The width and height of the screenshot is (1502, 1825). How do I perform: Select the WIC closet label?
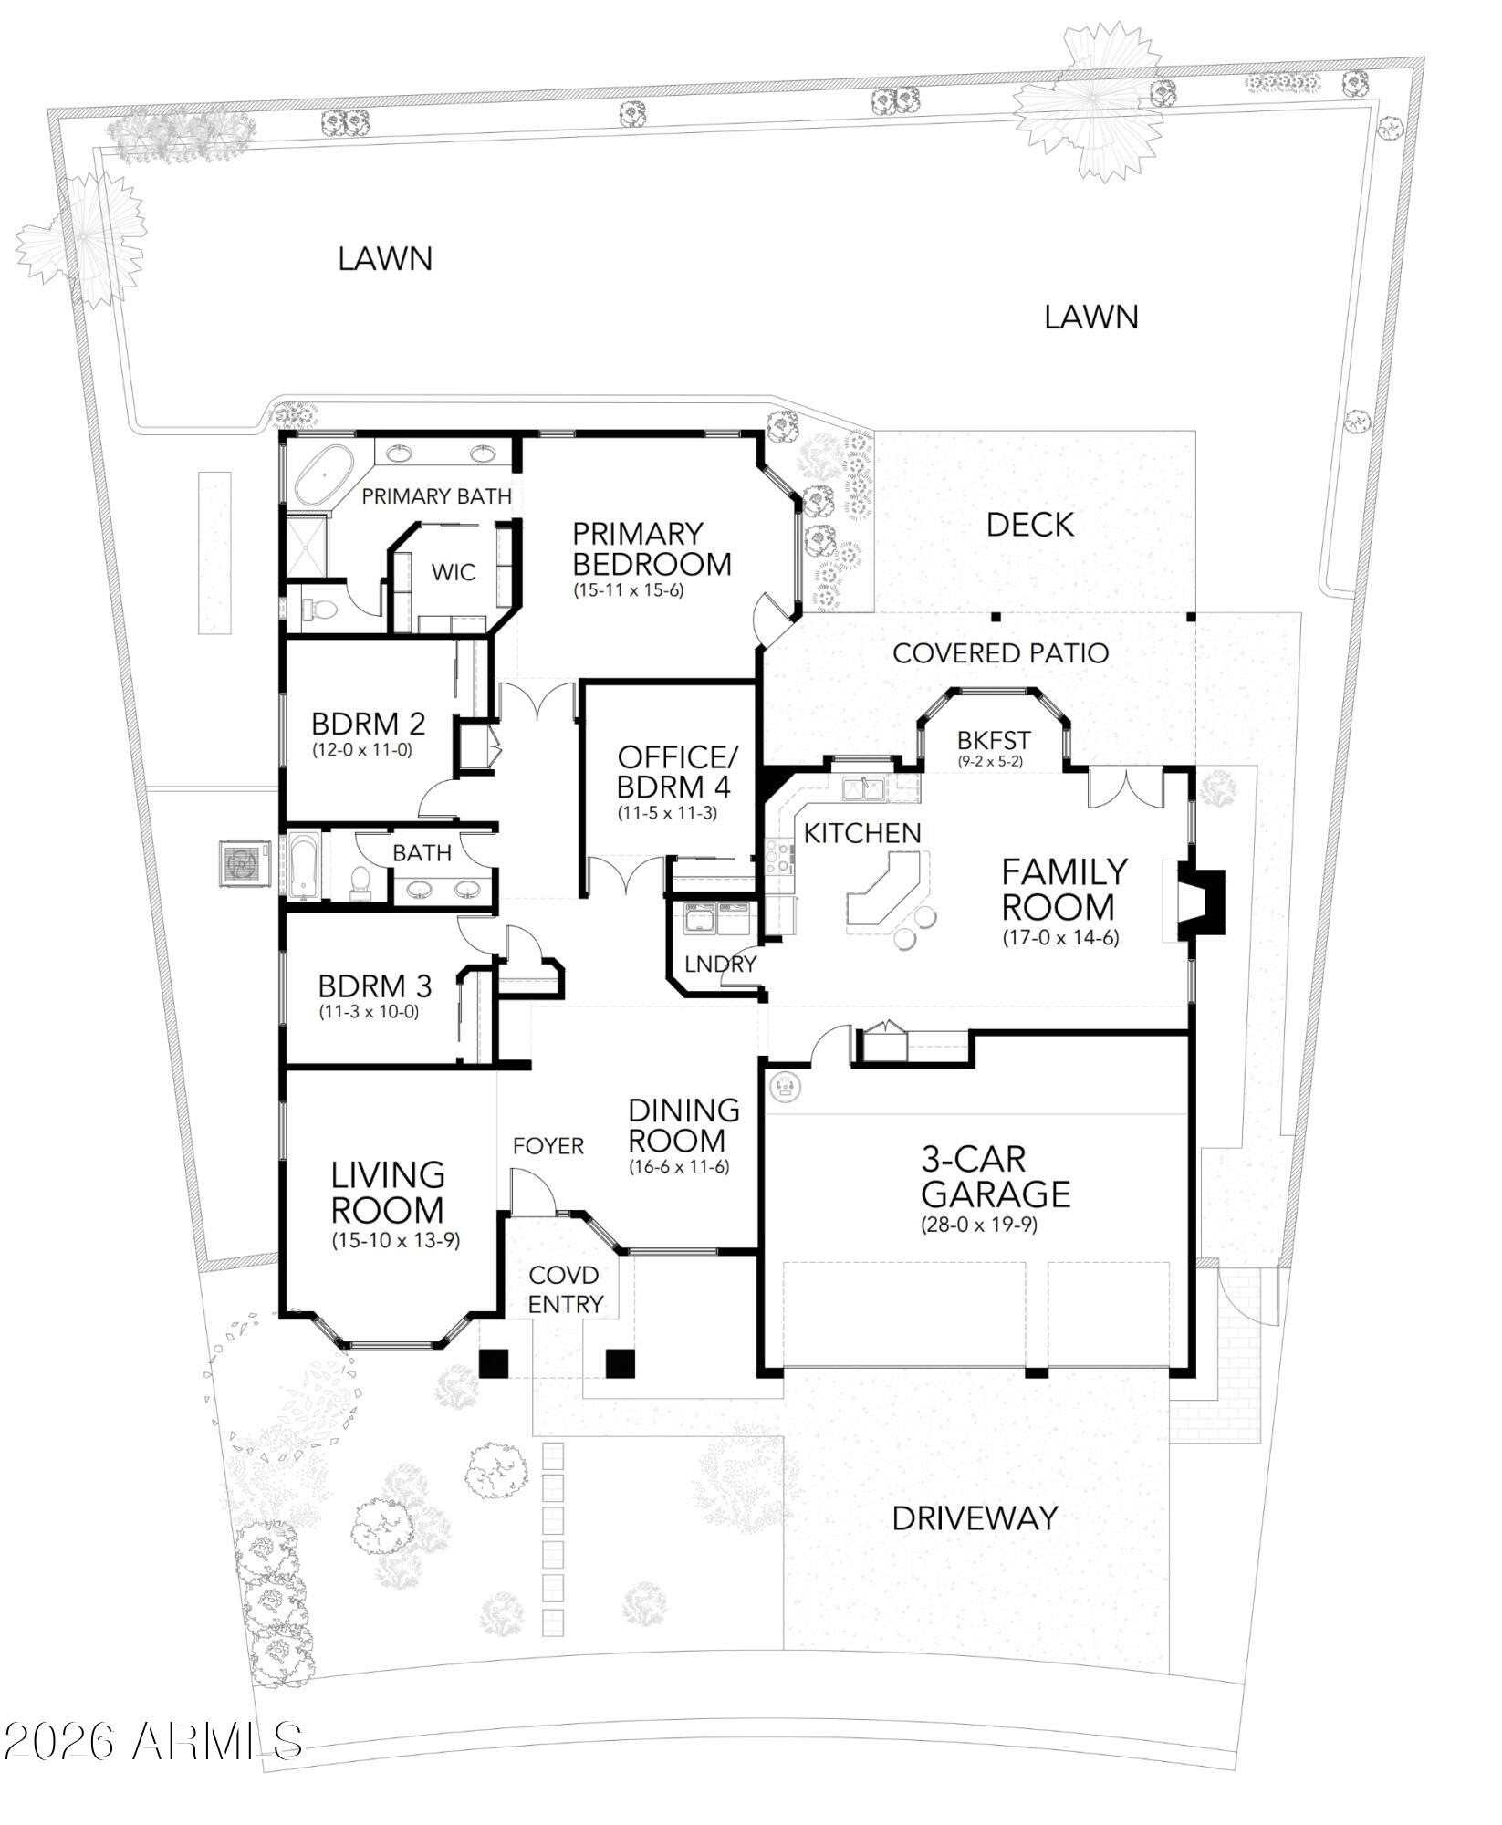coord(453,572)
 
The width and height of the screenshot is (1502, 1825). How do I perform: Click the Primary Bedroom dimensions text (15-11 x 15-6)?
coord(628,589)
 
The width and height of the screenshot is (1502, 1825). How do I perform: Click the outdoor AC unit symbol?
coord(243,862)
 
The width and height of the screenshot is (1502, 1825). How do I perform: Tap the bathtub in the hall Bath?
coord(303,864)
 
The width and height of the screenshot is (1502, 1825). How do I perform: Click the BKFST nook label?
coord(994,739)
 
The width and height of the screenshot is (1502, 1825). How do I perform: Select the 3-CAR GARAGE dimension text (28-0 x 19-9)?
coord(978,1225)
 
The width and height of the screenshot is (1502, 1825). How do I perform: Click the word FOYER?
coord(548,1145)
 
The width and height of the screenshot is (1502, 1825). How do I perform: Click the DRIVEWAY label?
coord(975,1518)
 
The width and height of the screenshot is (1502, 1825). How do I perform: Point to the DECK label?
coord(1029,525)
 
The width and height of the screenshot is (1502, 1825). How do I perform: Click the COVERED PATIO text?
coord(1000,653)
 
